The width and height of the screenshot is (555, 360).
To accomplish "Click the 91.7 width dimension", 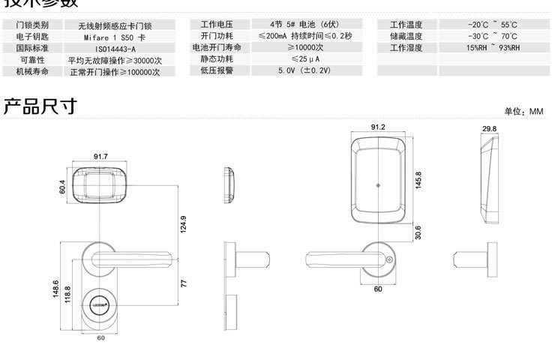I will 100,156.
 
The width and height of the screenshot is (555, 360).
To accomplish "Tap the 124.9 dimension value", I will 183,224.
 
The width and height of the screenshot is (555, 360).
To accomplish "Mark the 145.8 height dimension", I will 418,180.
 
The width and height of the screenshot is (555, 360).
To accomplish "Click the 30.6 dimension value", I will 418,233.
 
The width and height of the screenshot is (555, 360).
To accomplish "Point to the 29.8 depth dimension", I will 489,129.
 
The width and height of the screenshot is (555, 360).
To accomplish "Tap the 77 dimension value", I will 184,283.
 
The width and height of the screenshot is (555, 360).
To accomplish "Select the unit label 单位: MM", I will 523,111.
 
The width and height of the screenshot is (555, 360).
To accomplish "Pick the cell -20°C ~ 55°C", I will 492,25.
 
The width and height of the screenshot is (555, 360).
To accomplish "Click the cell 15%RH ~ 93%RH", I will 492,48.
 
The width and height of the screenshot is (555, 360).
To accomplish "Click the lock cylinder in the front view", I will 100,306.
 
